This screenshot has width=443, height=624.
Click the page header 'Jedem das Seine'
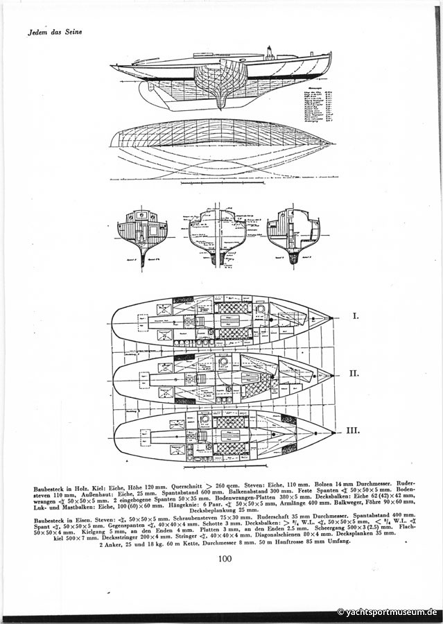point(55,32)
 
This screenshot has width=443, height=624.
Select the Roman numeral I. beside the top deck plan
point(356,316)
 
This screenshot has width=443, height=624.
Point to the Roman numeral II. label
point(354,373)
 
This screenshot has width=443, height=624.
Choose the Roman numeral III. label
point(353,431)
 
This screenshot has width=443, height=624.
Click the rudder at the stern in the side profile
point(147,93)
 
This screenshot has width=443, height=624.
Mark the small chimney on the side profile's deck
point(269,53)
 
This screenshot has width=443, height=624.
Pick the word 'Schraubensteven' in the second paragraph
point(191,516)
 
